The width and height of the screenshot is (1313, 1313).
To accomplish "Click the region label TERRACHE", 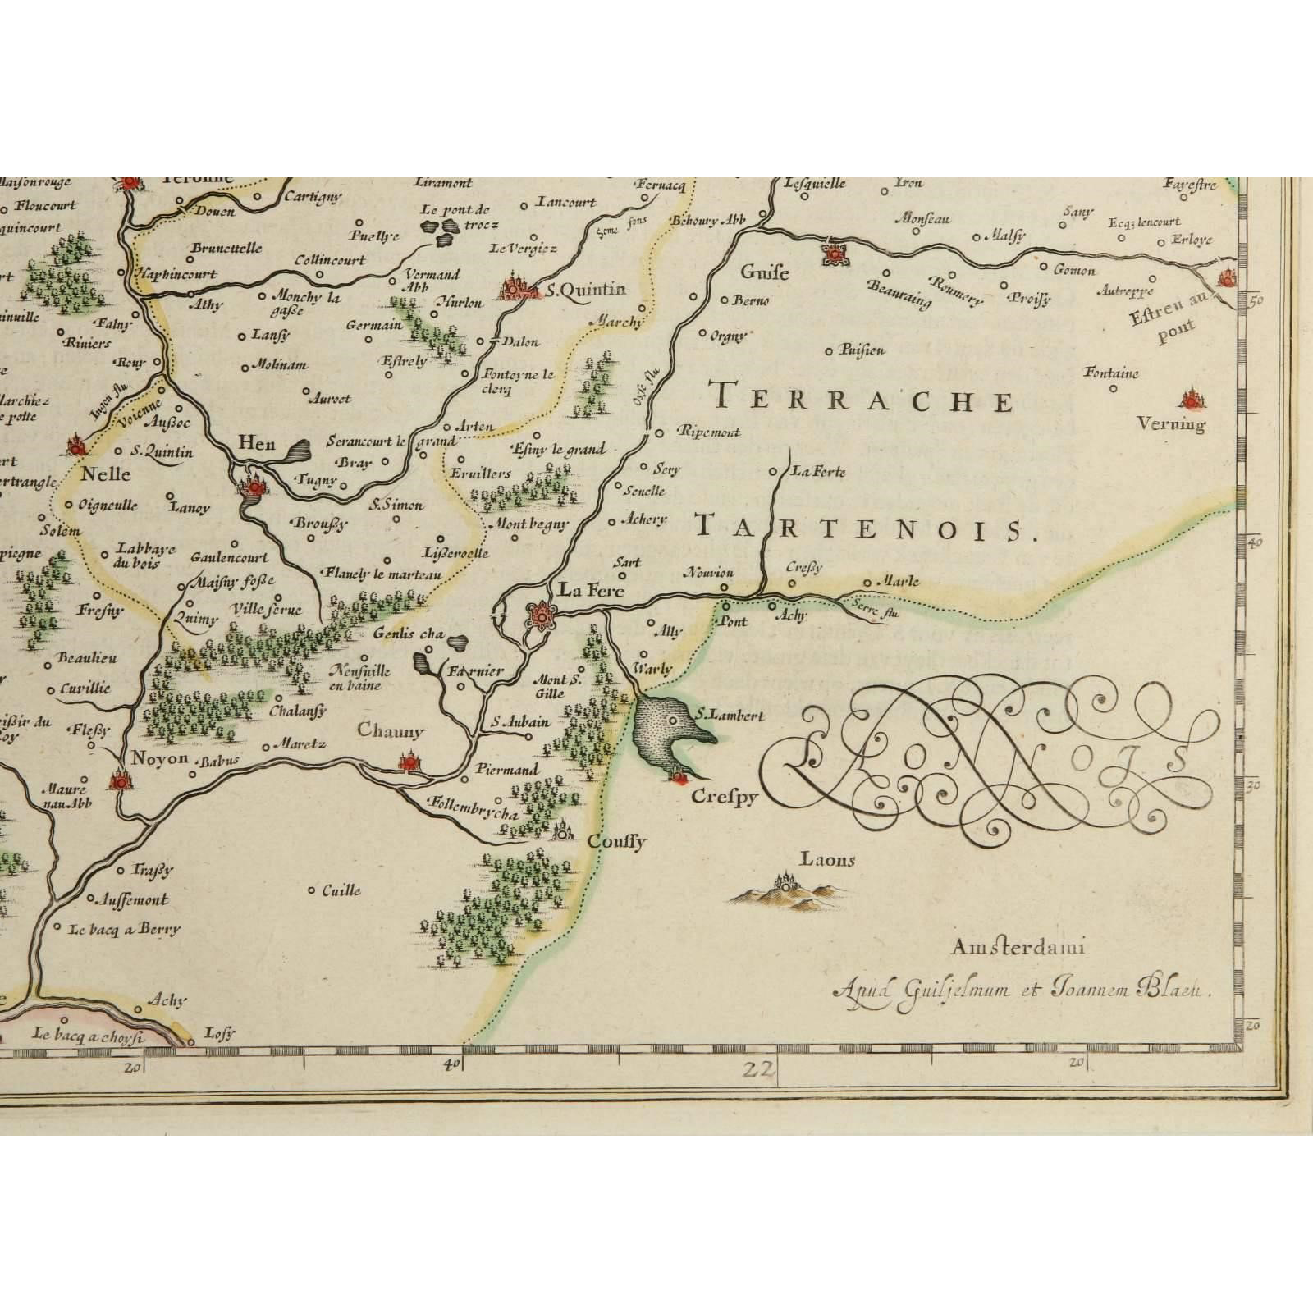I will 864,399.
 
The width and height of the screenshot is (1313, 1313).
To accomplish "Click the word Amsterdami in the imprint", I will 1018,949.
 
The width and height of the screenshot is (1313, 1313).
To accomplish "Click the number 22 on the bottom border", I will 756,1069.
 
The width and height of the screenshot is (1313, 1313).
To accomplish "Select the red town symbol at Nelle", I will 77,446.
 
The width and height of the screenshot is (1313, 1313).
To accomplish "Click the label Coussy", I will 618,842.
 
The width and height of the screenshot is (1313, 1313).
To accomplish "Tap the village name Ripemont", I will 710,432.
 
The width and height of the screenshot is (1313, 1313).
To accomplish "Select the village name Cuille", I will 341,890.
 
